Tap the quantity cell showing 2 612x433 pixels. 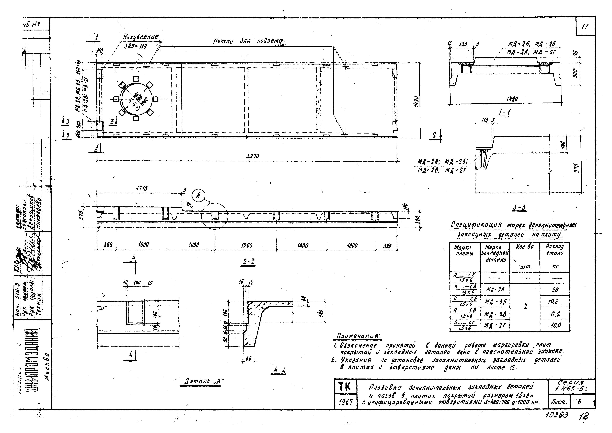(525, 307)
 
